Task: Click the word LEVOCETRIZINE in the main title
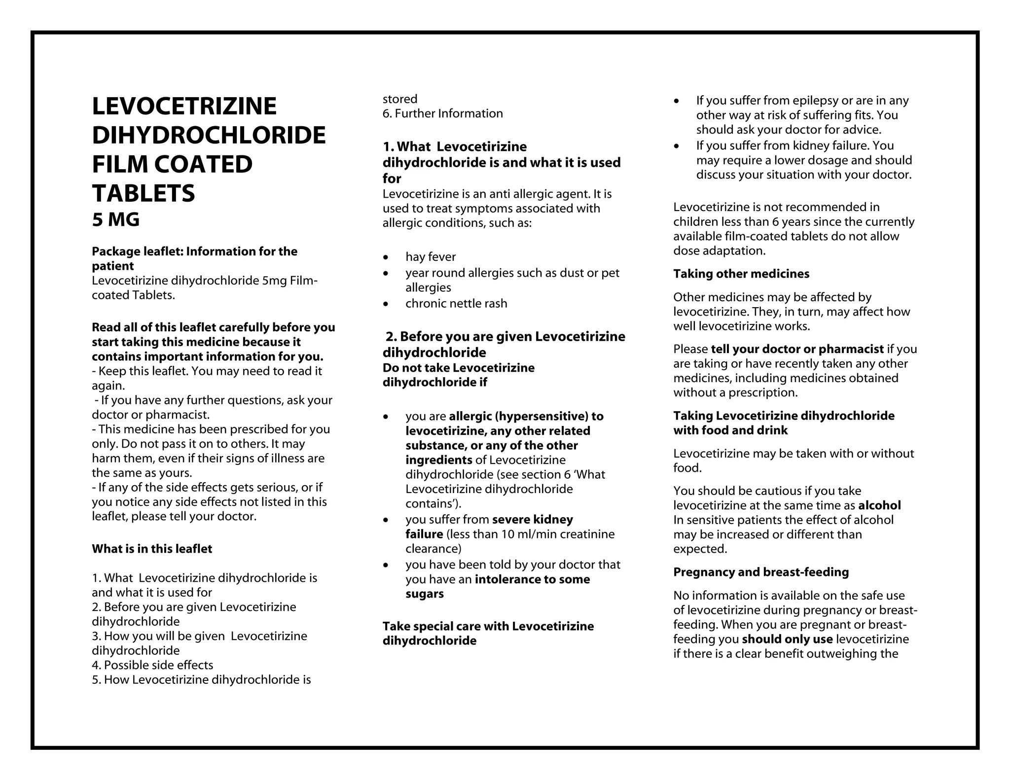(x=184, y=106)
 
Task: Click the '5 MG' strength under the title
(x=115, y=220)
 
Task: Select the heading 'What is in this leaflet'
(x=152, y=549)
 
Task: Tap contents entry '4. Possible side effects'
(x=152, y=665)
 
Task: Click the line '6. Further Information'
(x=442, y=113)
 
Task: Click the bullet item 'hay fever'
(x=431, y=257)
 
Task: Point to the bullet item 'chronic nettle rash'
(x=456, y=303)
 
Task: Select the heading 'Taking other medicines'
(x=741, y=274)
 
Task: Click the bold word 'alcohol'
(x=879, y=505)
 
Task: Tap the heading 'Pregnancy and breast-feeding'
(x=761, y=572)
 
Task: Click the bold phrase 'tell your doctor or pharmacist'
(x=797, y=349)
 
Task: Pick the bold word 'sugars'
(x=424, y=594)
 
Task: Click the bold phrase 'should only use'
(x=787, y=639)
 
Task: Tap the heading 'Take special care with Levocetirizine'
(x=488, y=626)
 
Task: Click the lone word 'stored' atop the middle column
(x=400, y=99)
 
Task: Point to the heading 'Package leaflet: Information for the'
(x=194, y=251)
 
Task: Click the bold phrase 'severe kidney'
(x=532, y=520)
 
